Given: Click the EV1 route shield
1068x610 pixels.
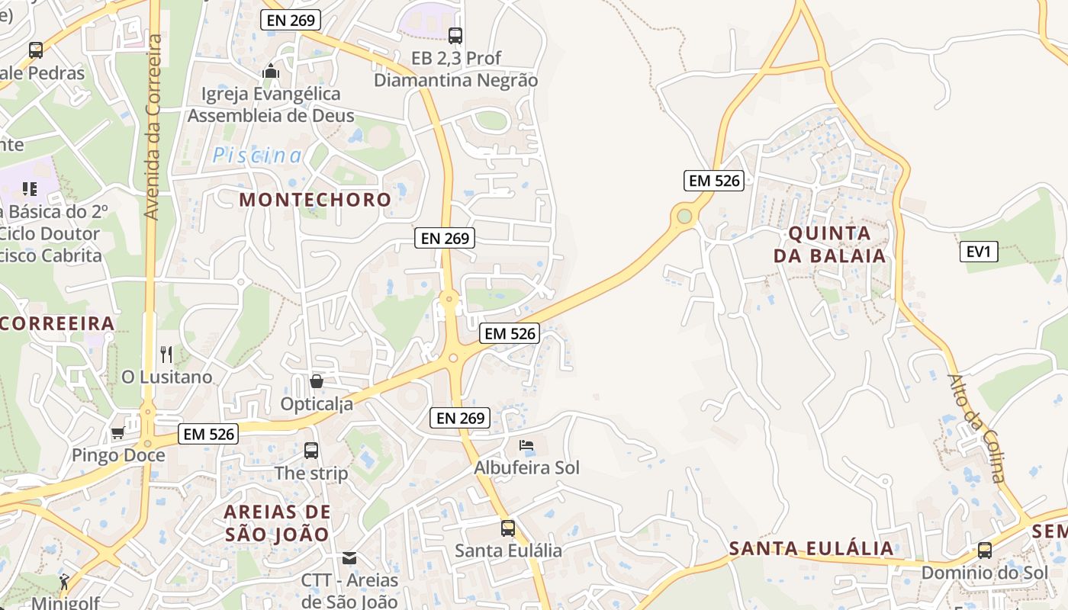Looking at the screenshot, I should point(979,251).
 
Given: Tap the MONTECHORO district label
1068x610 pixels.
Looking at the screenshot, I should point(315,200).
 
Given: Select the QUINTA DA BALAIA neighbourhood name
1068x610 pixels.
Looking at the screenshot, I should point(830,244).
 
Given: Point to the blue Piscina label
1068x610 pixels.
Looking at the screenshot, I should point(257,156).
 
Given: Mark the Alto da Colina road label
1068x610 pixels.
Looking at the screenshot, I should point(977,428).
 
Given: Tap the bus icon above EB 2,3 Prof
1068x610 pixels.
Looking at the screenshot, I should point(455,35).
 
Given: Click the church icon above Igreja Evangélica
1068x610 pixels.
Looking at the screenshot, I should point(271,72).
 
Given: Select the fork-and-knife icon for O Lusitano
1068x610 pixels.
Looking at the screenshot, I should point(167,354).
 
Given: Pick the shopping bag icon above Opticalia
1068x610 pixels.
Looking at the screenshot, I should point(317,380).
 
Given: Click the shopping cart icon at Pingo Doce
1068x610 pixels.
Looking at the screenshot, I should point(117,433).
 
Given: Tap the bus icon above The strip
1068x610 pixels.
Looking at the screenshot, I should point(311,451).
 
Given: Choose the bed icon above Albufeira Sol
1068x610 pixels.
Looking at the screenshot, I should point(526,445).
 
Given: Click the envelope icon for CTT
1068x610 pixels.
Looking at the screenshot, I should point(349,558).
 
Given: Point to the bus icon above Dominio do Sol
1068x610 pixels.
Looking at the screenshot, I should point(985,550).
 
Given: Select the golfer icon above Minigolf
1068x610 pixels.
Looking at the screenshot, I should point(64,582).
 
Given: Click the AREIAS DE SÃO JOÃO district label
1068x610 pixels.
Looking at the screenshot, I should point(278,522).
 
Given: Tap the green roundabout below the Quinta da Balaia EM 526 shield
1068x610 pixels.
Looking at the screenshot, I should point(684,217).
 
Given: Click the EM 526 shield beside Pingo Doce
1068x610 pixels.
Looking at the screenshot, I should point(209,434).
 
